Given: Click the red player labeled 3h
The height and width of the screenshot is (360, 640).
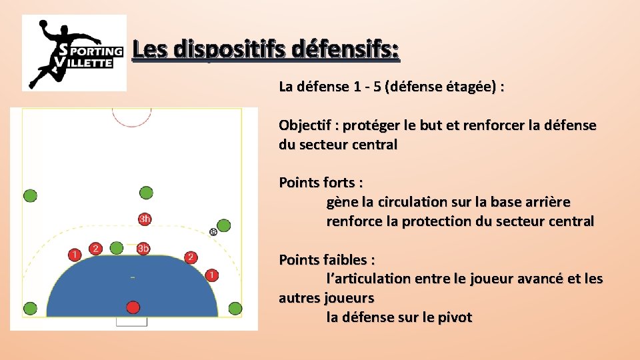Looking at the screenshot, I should click(x=145, y=219).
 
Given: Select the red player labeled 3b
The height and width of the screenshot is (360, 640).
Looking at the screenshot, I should click(x=143, y=249).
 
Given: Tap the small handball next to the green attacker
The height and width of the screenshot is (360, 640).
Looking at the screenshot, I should click(x=213, y=231).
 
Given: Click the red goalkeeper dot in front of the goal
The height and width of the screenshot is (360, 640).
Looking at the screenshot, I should click(x=133, y=307).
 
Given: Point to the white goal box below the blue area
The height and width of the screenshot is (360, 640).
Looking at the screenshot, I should click(x=131, y=321).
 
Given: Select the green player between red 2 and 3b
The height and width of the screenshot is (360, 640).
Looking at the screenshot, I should click(x=117, y=248).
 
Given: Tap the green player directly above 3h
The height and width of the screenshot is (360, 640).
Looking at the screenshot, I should click(x=145, y=193).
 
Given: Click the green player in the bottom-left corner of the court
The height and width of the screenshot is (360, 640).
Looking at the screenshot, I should click(x=30, y=308).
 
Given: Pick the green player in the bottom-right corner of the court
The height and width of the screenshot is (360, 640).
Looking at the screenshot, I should click(x=235, y=308).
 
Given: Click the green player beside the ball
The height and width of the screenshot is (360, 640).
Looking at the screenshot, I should click(x=224, y=225).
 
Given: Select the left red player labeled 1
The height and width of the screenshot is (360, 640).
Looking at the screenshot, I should click(x=75, y=255).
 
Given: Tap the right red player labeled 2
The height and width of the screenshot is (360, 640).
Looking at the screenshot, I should click(x=191, y=257).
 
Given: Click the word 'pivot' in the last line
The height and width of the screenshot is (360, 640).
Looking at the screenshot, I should click(x=454, y=317).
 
